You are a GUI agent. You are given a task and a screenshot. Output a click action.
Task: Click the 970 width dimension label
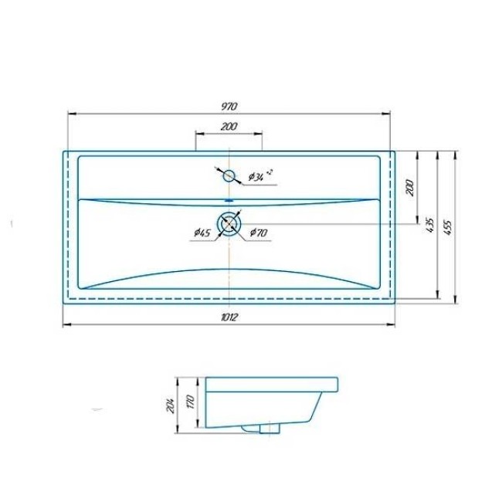pyautogui.click(x=229, y=106)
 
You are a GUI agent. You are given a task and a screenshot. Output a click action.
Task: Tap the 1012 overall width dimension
pyautogui.click(x=229, y=317)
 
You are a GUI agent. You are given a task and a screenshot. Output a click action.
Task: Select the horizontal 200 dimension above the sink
pyautogui.click(x=229, y=127)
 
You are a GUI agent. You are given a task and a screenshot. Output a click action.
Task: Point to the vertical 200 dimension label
pyautogui.click(x=410, y=188)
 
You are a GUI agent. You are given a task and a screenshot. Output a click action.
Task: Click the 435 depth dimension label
pyautogui.click(x=430, y=225)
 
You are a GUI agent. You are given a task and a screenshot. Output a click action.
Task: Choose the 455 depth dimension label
pyautogui.click(x=447, y=228)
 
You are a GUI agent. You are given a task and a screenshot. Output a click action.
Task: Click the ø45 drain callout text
pyautogui.click(x=202, y=232)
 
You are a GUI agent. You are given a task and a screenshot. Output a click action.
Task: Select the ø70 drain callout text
pyautogui.click(x=258, y=232)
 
